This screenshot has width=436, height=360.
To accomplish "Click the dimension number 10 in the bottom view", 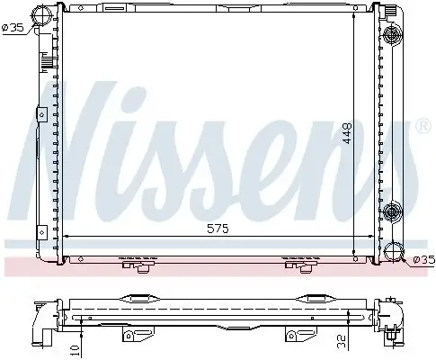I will coord(75,346).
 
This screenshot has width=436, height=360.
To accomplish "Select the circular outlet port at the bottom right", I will coord(393,254).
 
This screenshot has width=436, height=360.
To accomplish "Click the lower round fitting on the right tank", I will coord(392,213).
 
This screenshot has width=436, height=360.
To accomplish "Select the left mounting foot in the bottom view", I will coord(132,337).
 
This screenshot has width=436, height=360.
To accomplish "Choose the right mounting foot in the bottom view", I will coord(293,337).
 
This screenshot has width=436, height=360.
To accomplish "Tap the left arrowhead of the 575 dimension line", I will coord(71,236).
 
